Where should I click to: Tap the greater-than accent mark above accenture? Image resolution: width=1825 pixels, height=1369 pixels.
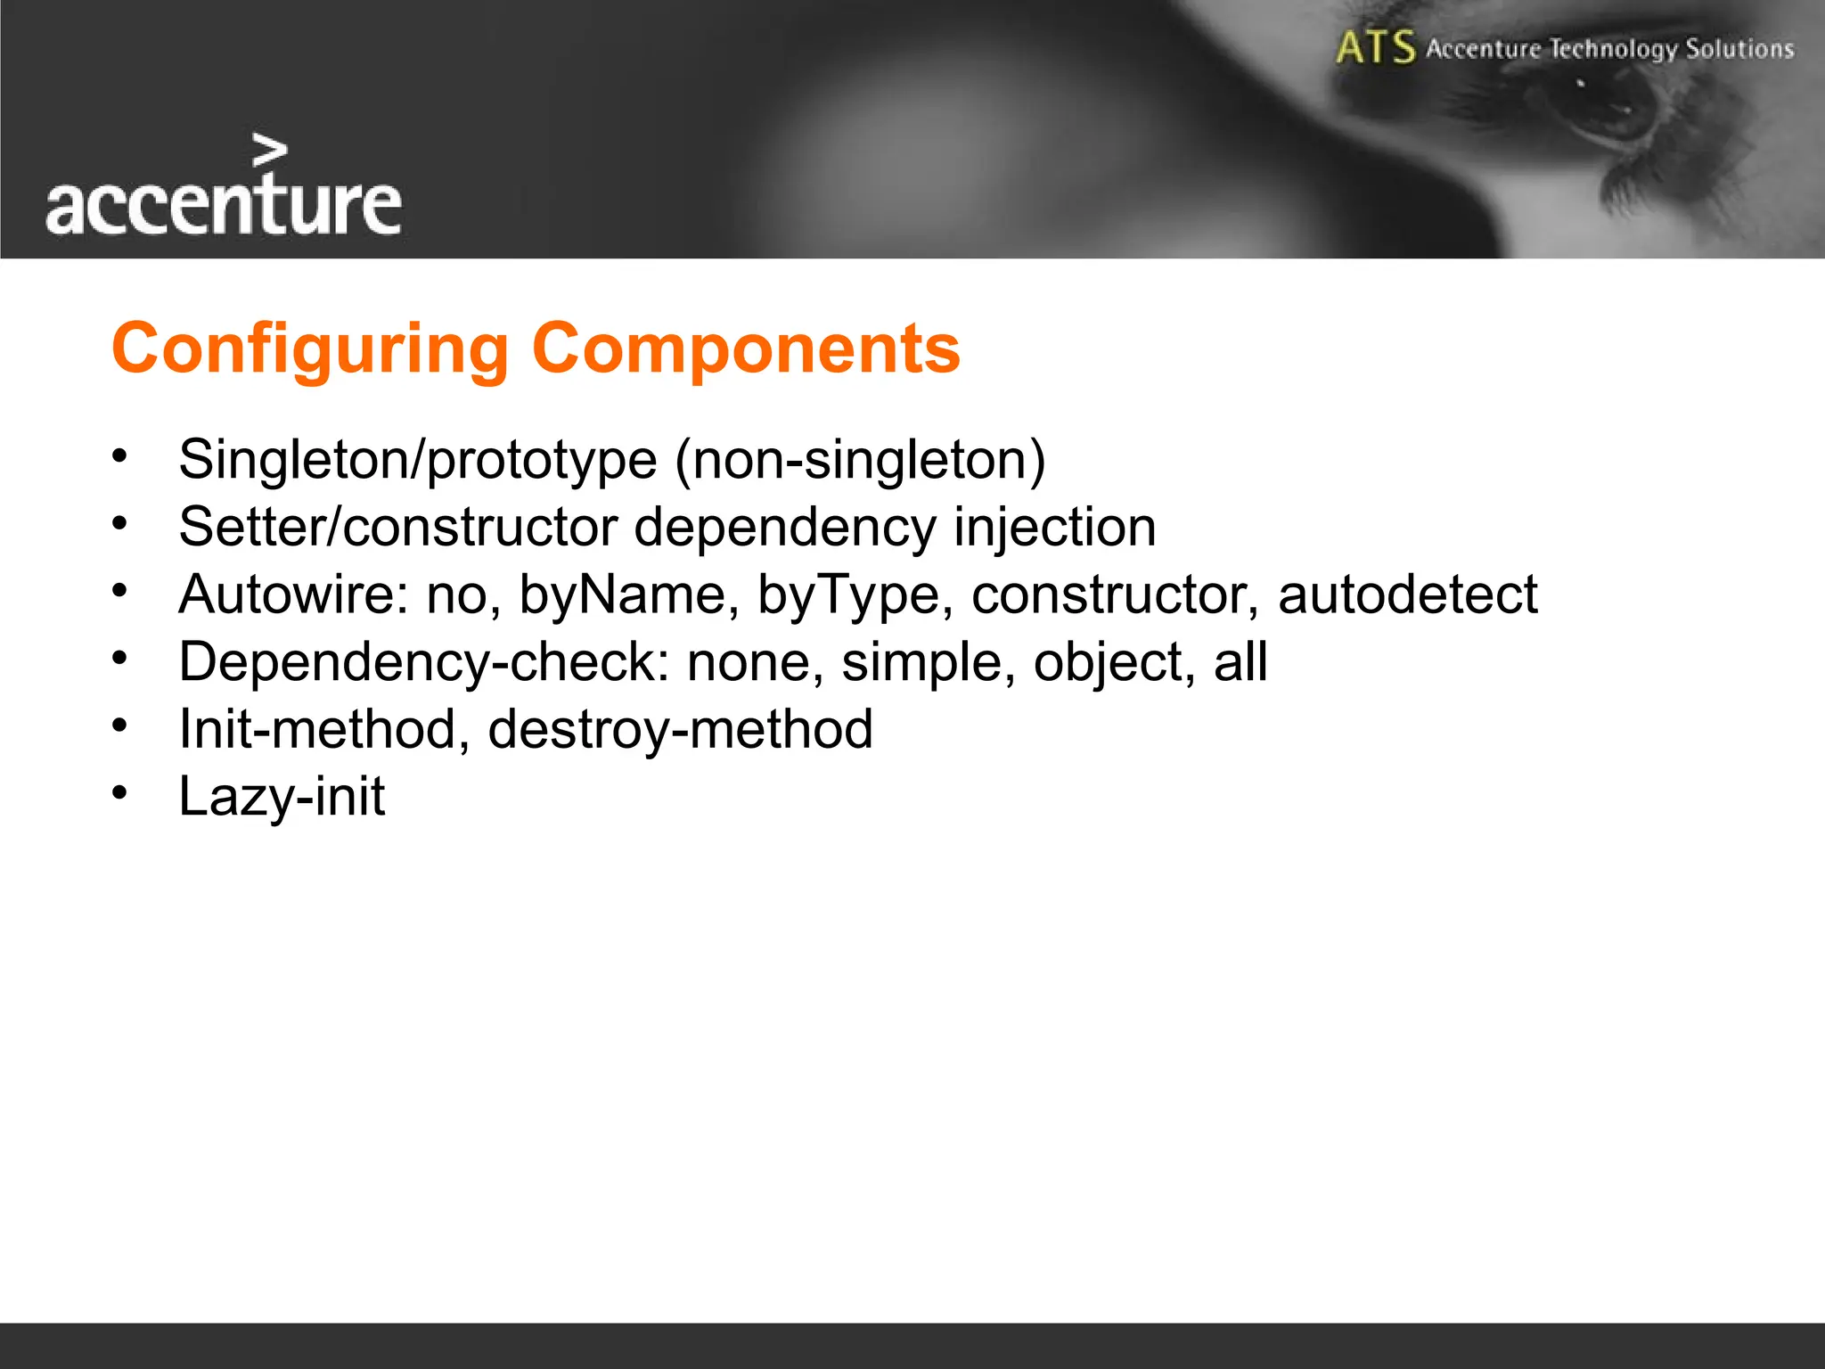coord(269,152)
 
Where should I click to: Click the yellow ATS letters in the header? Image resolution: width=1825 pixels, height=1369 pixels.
coord(1375,47)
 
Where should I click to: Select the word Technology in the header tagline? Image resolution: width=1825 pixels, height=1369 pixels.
coord(1613,49)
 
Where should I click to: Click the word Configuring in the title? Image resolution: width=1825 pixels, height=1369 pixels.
coord(309,349)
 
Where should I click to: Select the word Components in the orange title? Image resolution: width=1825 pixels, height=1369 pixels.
coord(746,349)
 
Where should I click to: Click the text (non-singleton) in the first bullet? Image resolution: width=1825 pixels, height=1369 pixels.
coord(860,461)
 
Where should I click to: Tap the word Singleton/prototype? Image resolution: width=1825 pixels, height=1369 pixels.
coord(417,461)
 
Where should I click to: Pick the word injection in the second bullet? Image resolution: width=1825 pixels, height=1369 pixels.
coord(1054,528)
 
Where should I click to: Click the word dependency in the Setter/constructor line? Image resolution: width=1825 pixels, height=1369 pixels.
coord(784,528)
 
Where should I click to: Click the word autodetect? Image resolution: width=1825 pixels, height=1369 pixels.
coord(1407,594)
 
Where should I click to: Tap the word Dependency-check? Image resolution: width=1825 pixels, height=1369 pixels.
coord(424,662)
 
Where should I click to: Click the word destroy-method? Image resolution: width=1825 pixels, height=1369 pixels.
coord(680,729)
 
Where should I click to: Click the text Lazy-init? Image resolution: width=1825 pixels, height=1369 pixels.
coord(282,796)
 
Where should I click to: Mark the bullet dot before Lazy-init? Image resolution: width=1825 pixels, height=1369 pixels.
coord(120,791)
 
